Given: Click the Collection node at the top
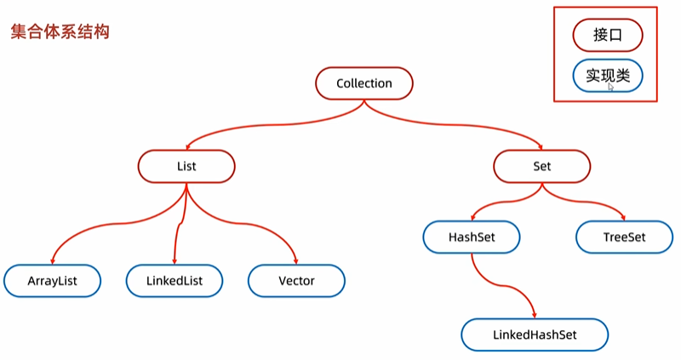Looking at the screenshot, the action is point(364,83).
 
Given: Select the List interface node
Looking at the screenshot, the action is point(186,166).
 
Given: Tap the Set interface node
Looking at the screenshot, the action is point(541,166).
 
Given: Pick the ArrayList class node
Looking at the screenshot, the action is point(52,281).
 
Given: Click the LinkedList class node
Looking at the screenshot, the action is point(175,281).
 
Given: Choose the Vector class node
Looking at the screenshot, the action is point(296,281).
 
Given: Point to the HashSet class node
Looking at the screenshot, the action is point(472,237).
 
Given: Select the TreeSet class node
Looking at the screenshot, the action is point(624,237).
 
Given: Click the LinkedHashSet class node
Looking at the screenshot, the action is point(535,334).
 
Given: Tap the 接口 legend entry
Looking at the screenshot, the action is point(608,35).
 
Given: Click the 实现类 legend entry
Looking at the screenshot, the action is point(608,76).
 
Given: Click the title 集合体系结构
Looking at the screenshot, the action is point(60,31).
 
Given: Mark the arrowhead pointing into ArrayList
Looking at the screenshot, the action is point(53,261).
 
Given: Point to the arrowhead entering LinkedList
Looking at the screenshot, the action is point(175,261).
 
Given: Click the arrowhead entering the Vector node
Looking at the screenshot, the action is point(295,261).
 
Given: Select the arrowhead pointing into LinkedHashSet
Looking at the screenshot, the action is point(535,315).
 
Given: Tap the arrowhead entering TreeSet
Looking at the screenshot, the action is point(623,217).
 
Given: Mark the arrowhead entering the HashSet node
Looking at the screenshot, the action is point(473,217).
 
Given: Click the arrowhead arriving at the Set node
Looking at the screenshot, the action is point(541,146).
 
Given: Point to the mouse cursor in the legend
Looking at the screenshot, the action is point(610,87).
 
